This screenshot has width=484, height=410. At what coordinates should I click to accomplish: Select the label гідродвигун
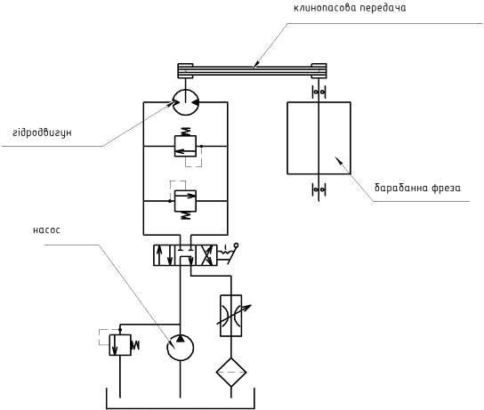coord(43,133)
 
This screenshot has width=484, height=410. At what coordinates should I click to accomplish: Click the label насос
coord(46,230)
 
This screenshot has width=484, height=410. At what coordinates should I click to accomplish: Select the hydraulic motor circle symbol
coord(185,102)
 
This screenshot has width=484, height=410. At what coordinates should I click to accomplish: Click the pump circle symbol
coord(181,348)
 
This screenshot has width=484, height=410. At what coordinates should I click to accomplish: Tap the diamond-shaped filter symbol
coord(231,372)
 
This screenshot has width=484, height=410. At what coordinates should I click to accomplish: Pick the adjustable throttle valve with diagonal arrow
coord(231,316)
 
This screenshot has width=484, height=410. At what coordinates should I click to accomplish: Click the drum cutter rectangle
coord(319,138)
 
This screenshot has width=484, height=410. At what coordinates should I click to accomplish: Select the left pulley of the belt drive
coord(185,70)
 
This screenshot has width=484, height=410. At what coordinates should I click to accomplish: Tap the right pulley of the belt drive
coord(319,70)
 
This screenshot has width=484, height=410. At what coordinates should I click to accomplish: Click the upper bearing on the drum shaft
coord(319,92)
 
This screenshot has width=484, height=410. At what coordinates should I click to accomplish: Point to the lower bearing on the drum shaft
coord(319,189)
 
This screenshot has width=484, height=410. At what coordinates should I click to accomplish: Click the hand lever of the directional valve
coord(229,253)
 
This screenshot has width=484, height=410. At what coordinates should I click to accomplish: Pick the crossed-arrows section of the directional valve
coord(206,255)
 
